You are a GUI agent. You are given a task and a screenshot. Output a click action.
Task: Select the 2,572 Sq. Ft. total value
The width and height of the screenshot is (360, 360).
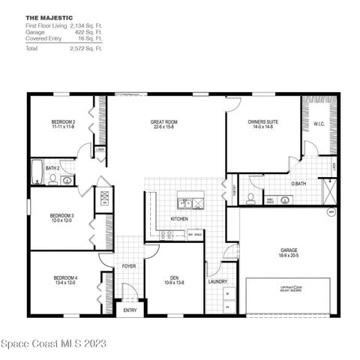85,48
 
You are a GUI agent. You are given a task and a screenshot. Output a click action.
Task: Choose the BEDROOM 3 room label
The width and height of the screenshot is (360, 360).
62,216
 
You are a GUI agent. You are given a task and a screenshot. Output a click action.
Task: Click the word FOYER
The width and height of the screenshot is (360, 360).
129,265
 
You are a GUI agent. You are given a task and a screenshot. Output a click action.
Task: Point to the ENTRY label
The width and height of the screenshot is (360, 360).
130,310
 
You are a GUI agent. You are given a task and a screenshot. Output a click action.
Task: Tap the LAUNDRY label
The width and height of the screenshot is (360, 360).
218,282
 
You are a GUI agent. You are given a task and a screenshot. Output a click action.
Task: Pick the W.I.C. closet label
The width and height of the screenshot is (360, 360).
318,124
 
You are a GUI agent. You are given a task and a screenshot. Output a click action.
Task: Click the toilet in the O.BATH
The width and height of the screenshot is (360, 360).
252,199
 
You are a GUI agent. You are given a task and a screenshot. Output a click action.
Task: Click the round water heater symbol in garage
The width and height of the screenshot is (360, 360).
331,212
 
